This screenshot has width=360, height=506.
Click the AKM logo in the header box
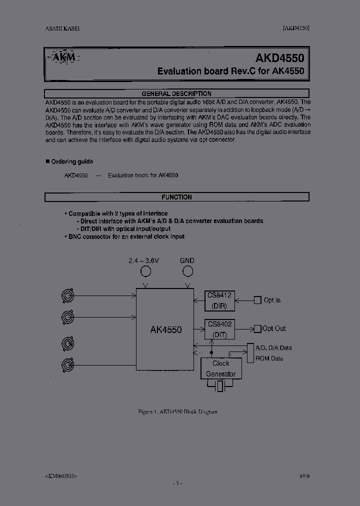coord(63,57)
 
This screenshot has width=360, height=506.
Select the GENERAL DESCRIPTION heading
coord(176,93)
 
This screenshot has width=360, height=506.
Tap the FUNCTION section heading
coord(176,197)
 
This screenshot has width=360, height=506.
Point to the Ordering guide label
coord(72,161)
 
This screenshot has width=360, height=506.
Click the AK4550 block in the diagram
coord(165,329)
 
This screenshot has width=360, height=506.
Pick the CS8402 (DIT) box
coord(219,328)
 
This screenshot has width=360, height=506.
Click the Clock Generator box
coord(220,368)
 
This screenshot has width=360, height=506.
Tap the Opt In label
coord(272,300)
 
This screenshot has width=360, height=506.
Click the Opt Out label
coord(274,328)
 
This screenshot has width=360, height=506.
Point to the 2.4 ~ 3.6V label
coord(144,260)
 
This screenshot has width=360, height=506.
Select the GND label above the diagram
coord(187,260)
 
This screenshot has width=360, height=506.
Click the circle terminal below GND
coord(187,271)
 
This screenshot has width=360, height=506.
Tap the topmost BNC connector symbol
coord(67,296)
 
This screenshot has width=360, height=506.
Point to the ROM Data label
coord(269,358)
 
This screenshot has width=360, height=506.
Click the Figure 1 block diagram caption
coord(177,411)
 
